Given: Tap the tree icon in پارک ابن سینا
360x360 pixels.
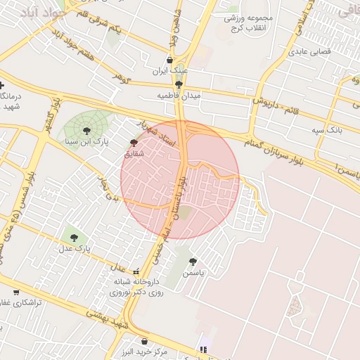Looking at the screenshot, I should coord(86,130).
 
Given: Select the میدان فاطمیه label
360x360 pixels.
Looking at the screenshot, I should coord(179,95).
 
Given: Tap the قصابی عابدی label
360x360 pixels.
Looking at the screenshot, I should coord(310,51).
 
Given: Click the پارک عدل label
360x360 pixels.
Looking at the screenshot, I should coord(73,249).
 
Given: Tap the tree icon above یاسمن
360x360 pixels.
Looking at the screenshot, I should coord(193,262).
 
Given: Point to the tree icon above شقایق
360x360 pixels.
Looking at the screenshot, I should coord(134,142).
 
